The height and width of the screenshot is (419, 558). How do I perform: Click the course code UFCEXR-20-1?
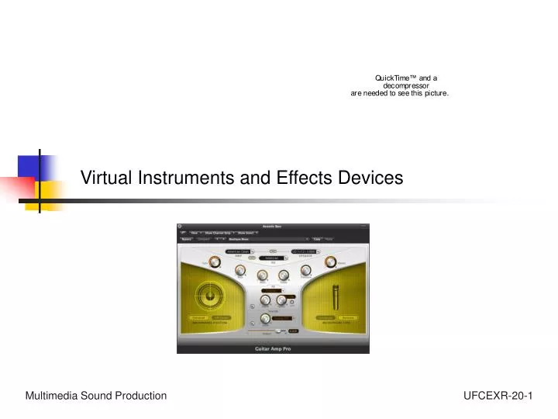pyautogui.click(x=498, y=396)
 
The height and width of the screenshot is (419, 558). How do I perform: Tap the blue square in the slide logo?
pyautogui.click(x=33, y=167)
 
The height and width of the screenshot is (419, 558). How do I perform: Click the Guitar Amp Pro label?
pyautogui.click(x=273, y=349)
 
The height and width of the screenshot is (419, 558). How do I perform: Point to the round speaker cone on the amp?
pyautogui.click(x=208, y=296)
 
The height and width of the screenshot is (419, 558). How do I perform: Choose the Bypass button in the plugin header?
pyautogui.click(x=186, y=240)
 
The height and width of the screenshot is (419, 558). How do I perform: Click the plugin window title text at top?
pyautogui.click(x=273, y=226)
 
